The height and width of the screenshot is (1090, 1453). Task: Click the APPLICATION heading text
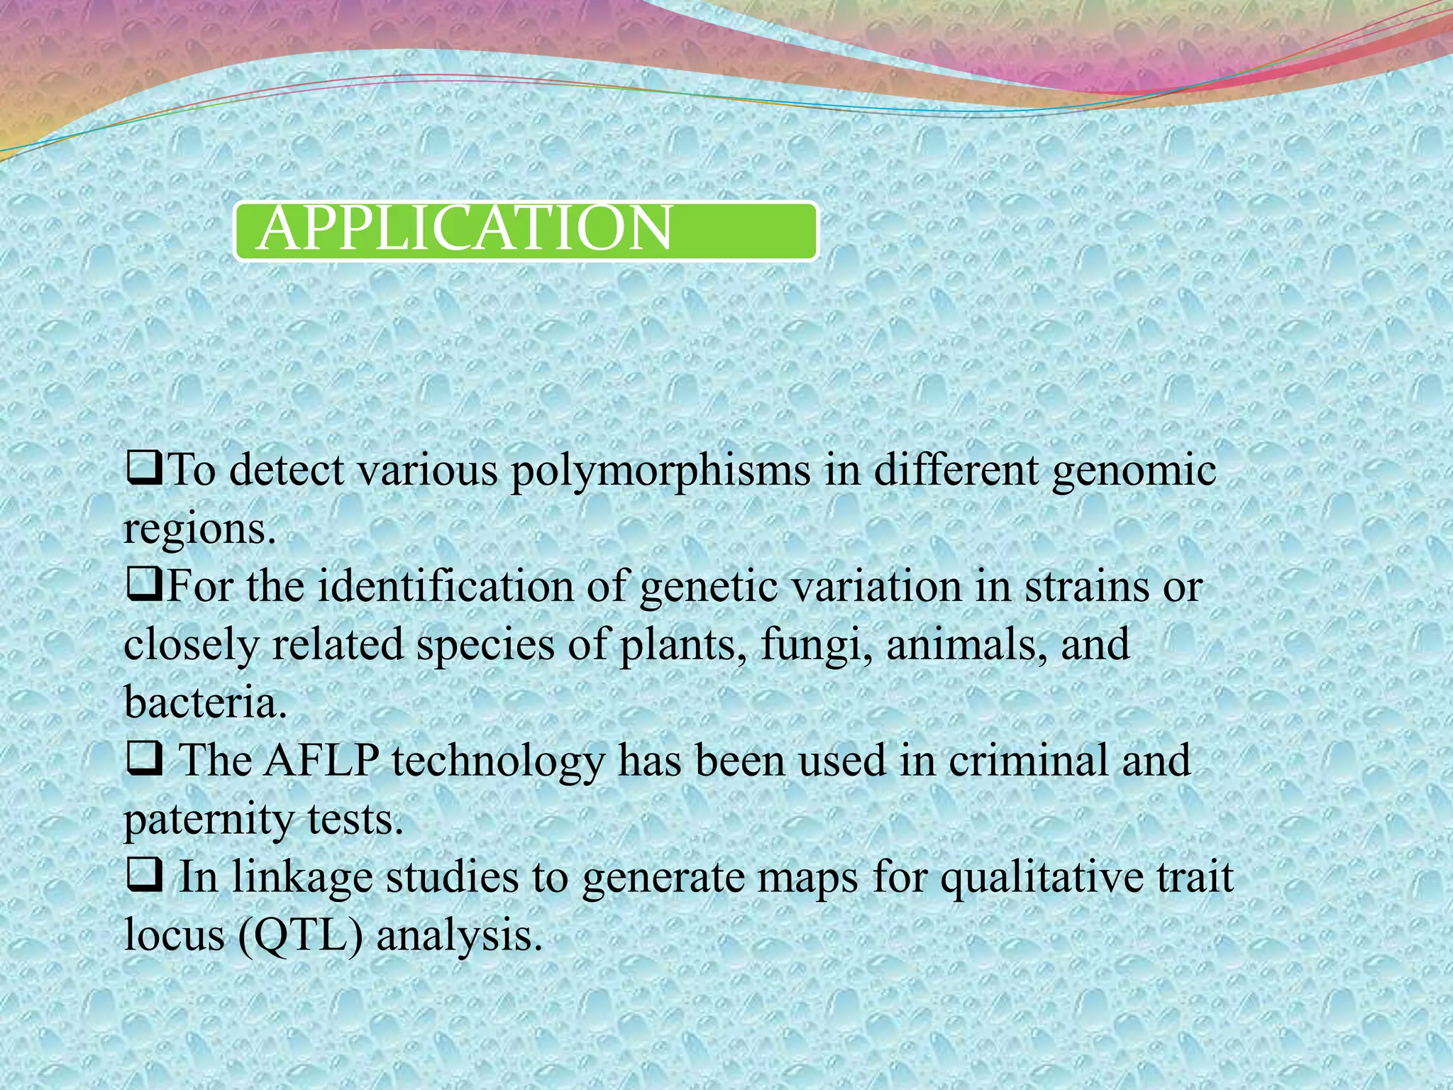(465, 229)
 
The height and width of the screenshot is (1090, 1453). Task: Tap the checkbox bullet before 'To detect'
(145, 469)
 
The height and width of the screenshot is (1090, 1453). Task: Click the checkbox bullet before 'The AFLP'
(145, 760)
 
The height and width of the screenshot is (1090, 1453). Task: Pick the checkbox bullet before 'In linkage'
(145, 876)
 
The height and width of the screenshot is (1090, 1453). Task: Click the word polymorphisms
(660, 473)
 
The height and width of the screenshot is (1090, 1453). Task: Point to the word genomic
(1134, 473)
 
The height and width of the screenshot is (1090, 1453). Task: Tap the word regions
(199, 531)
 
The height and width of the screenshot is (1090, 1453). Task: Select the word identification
(445, 588)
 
